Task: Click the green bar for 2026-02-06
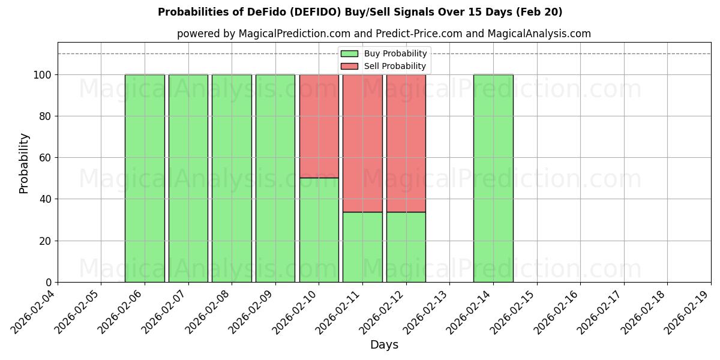click(145, 178)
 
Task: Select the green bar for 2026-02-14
click(493, 178)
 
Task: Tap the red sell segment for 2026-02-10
click(319, 126)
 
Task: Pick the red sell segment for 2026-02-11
click(362, 143)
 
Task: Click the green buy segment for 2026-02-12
click(406, 247)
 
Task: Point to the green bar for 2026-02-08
click(232, 178)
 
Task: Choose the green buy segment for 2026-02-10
click(319, 230)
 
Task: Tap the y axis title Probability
click(24, 163)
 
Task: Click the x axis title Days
click(384, 345)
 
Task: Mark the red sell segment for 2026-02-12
click(406, 143)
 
